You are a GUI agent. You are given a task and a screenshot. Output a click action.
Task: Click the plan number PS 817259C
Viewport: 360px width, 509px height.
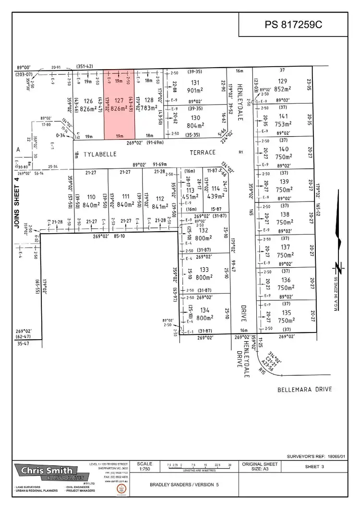(293, 24)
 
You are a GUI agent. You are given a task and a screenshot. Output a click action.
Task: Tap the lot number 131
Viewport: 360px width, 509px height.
(208, 82)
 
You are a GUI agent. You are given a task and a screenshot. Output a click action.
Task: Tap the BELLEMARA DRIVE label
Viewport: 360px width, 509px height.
(304, 389)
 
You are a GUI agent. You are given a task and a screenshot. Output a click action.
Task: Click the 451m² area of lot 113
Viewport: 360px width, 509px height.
(192, 196)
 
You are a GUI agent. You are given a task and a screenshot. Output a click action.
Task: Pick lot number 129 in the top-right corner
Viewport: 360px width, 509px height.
(283, 81)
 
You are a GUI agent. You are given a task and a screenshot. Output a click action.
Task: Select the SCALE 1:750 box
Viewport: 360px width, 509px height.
(144, 467)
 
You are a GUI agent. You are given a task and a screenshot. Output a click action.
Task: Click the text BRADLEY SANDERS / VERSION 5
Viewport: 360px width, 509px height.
(184, 485)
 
